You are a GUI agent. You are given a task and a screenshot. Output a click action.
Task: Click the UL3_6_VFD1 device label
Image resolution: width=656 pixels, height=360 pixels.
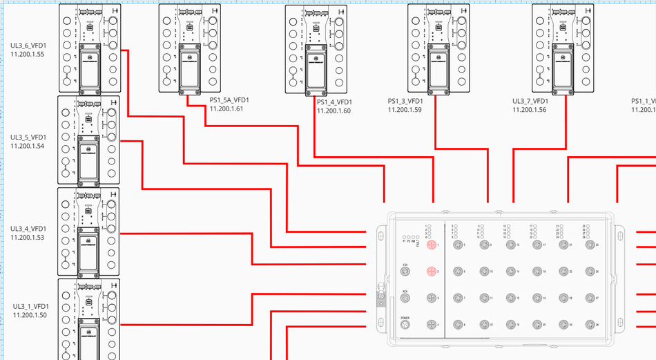tap(28, 45)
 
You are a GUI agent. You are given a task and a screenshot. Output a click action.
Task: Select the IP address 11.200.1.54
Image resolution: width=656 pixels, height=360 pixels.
tap(28, 146)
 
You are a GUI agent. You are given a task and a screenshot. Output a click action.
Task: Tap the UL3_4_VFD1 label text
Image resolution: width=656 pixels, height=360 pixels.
tap(28, 229)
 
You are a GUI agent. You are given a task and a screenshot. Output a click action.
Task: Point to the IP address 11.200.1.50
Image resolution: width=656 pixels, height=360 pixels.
tap(30, 315)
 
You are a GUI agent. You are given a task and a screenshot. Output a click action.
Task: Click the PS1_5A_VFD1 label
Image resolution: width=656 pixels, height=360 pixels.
tap(229, 100)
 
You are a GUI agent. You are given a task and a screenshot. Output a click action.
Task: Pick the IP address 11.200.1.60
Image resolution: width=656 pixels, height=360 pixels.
tap(334, 111)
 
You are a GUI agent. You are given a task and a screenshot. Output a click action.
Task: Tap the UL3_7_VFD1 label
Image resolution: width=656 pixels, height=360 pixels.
tap(530, 101)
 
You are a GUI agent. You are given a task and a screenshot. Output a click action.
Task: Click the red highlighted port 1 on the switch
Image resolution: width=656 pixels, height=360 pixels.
tap(432, 245)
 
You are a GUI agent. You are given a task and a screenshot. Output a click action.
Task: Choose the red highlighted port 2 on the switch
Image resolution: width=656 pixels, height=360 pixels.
tap(432, 272)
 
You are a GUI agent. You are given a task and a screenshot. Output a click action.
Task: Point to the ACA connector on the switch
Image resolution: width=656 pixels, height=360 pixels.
tap(405, 298)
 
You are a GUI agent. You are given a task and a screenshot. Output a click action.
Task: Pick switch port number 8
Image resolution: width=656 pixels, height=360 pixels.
tap(456, 324)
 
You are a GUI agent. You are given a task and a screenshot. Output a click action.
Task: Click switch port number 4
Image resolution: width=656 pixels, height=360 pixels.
tap(432, 324)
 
